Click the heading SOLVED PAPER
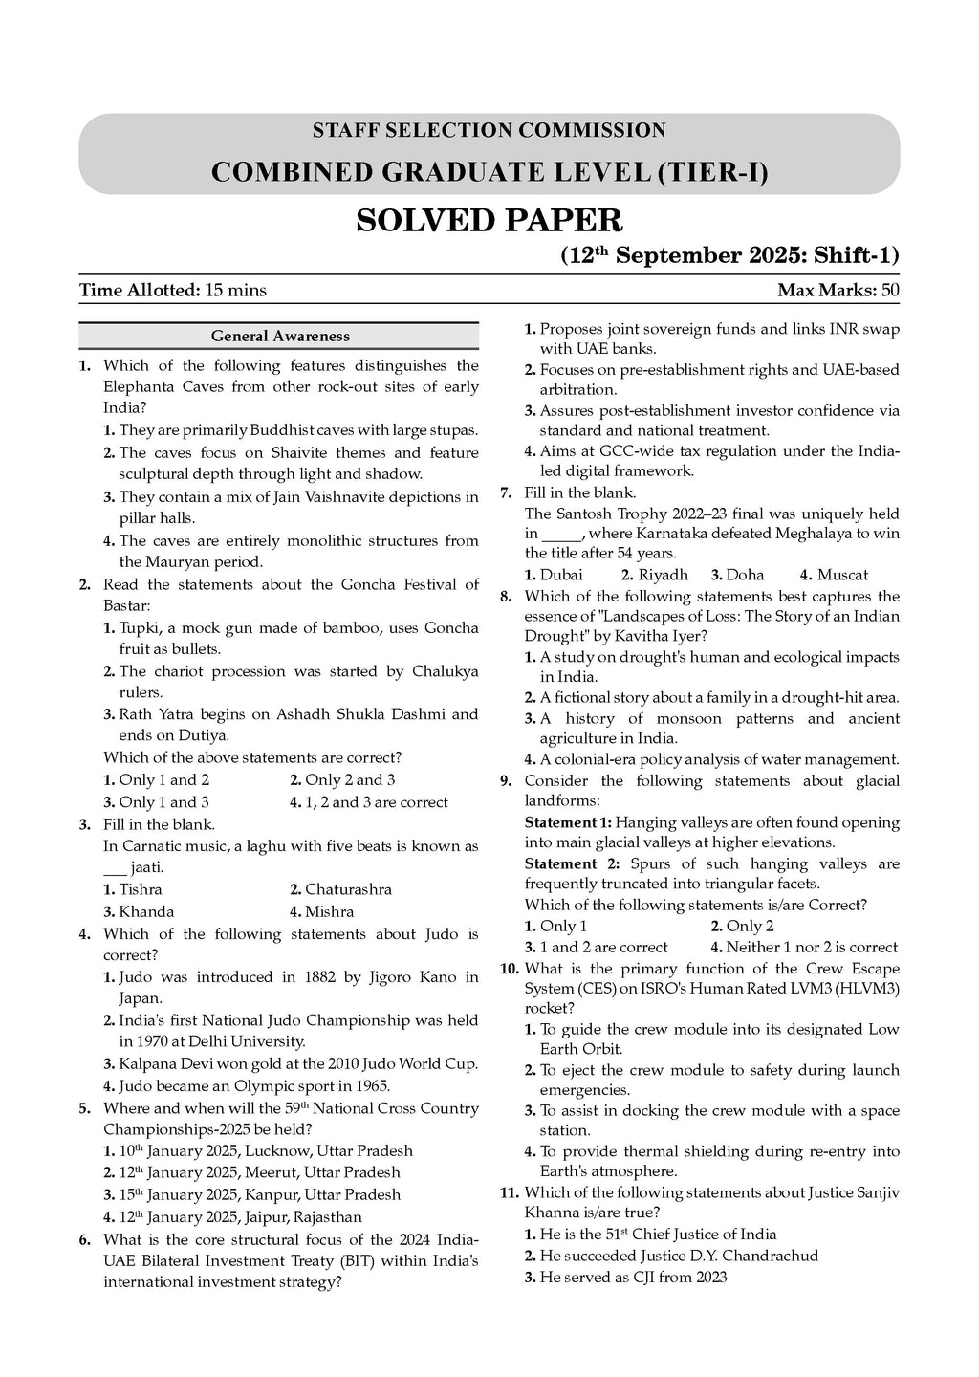coord(489,221)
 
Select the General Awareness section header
coord(280,336)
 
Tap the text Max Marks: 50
coord(838,290)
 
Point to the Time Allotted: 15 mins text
coord(173,290)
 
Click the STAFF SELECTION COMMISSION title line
coord(489,130)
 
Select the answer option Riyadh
coord(663,575)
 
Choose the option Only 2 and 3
coord(350,779)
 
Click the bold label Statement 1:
coord(568,822)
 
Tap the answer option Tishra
coord(140,889)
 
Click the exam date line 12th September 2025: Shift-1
coord(729,256)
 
